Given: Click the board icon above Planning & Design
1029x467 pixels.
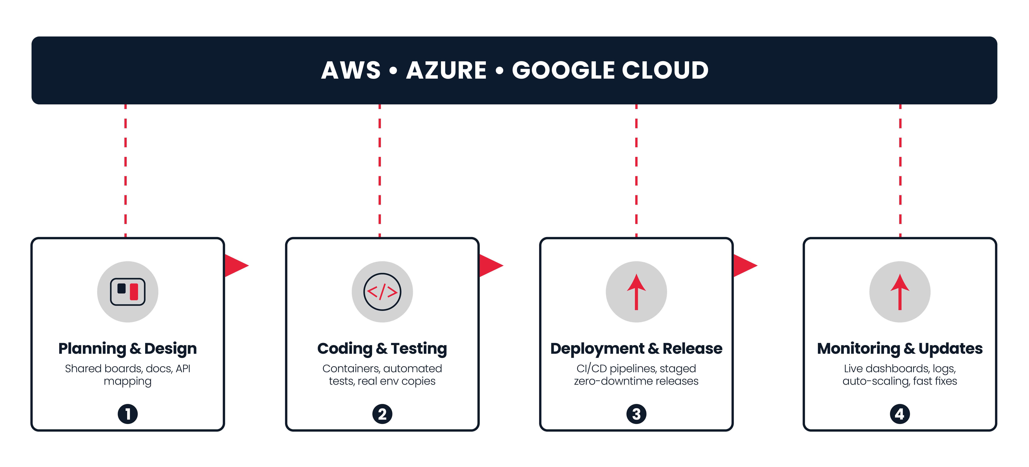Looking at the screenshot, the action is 128,292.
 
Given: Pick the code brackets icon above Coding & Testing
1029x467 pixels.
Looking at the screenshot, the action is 382,292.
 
